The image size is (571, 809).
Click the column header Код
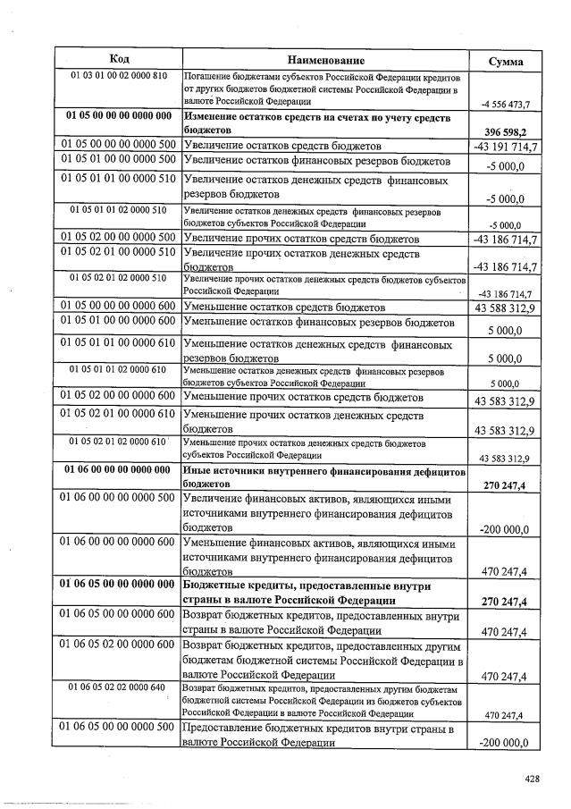[119, 59]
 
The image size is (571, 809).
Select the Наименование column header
[326, 59]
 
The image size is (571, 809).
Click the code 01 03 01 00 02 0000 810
[119, 76]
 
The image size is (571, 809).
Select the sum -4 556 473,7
[506, 105]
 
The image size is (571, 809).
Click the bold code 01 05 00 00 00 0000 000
[119, 117]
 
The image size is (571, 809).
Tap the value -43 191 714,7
[506, 146]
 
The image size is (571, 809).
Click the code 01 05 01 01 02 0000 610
[119, 369]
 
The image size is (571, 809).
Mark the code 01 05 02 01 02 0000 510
[119, 278]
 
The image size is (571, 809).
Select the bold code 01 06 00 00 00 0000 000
[119, 469]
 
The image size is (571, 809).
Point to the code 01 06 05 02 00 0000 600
[119, 645]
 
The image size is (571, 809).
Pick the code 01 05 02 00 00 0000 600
[119, 395]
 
